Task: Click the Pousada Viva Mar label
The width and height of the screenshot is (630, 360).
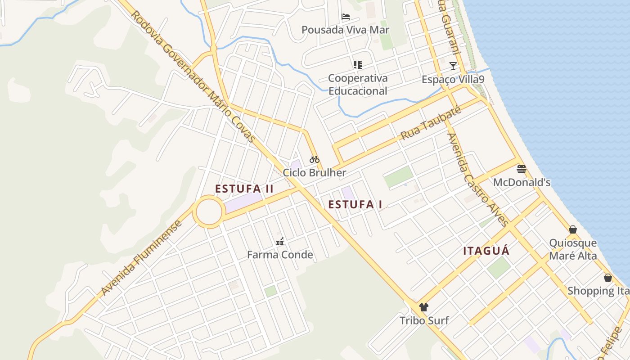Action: click(x=345, y=30)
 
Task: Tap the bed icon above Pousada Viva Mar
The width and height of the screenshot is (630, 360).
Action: click(x=345, y=17)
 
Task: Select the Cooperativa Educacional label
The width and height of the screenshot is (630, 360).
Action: click(x=358, y=85)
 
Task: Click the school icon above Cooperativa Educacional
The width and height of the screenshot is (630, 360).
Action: click(x=358, y=65)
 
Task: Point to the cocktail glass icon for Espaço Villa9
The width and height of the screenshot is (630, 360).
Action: click(x=453, y=67)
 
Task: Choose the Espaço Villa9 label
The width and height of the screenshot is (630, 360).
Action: click(x=453, y=80)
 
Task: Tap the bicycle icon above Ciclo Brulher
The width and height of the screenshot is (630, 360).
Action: click(x=314, y=159)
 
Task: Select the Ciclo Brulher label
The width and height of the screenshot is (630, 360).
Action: click(x=314, y=173)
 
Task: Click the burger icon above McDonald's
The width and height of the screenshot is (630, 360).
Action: click(x=522, y=169)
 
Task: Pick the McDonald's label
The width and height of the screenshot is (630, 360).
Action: click(x=522, y=183)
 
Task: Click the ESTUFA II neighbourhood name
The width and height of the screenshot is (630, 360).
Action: click(x=244, y=189)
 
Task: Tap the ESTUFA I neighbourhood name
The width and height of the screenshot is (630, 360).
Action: click(x=355, y=205)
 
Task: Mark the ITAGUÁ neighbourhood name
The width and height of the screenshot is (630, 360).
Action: click(x=486, y=251)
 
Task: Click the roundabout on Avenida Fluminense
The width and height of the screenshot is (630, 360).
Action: click(x=209, y=211)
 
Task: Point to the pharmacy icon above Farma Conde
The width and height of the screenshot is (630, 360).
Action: click(x=280, y=242)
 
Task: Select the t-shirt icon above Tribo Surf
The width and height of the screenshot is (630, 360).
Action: click(x=424, y=307)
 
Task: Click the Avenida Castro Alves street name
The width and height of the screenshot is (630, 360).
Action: click(x=477, y=179)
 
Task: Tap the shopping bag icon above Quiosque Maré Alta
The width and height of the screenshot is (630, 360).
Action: click(x=573, y=230)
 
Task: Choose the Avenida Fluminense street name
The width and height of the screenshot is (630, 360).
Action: click(x=141, y=258)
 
